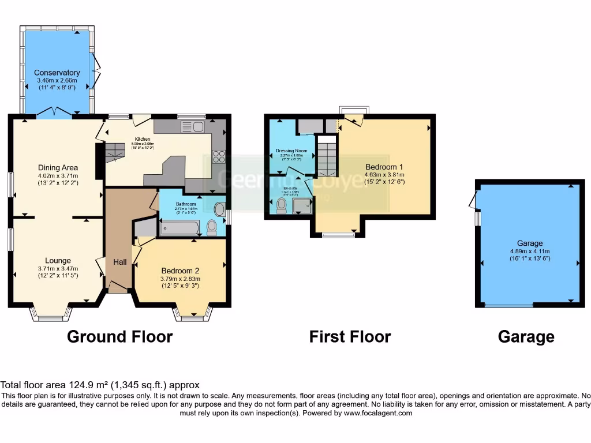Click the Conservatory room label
(57, 73)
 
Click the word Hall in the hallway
(119, 262)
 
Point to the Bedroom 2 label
(180, 271)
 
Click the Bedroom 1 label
(385, 167)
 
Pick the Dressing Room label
(291, 151)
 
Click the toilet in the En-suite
(282, 205)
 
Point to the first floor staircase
(327, 157)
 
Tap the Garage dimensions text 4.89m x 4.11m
(529, 251)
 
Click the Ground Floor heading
(119, 337)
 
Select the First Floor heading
(350, 337)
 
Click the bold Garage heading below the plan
(526, 337)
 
